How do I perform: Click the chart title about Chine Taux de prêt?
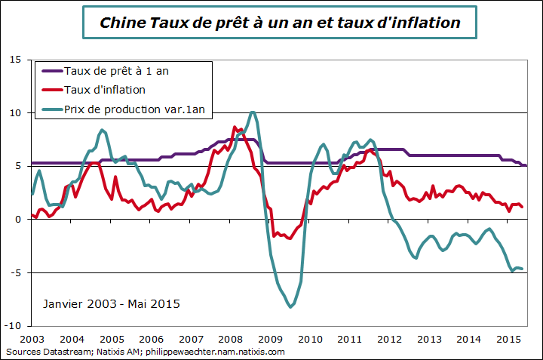tap(280, 23)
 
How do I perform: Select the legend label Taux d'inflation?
tap(115, 90)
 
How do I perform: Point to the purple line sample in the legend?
tap(51, 71)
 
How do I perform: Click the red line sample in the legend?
tap(51, 90)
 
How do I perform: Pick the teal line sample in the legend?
tap(51, 109)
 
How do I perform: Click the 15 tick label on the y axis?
tap(14, 60)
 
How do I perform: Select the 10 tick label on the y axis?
tap(14, 113)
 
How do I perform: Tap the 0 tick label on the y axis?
tap(17, 220)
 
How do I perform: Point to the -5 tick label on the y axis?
tap(14, 272)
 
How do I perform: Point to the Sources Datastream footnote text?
tap(145, 352)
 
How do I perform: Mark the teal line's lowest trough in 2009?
tap(291, 306)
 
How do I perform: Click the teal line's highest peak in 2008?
tap(253, 112)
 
